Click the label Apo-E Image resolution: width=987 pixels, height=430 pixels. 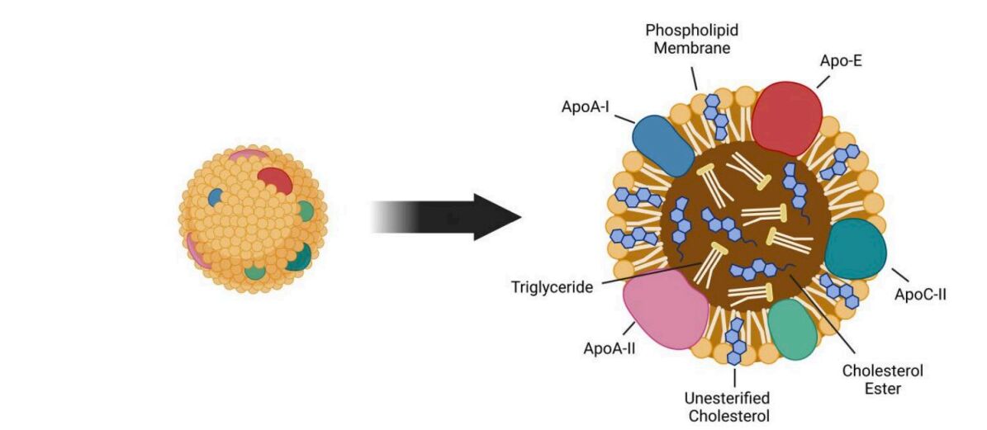point(840,59)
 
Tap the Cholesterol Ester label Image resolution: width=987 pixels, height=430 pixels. point(882,380)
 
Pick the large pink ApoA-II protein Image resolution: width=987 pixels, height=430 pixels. point(666,309)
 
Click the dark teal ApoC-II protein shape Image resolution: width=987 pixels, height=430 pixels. point(855,248)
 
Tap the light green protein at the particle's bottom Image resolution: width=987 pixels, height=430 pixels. point(792,328)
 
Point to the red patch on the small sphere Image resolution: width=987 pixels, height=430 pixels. point(273,179)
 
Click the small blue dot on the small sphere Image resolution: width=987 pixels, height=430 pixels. point(215,196)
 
